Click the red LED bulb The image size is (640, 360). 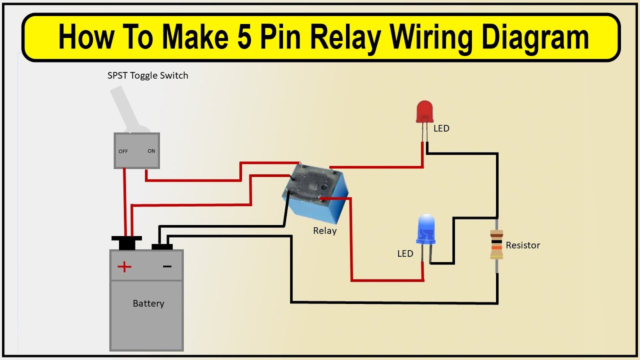coord(424,111)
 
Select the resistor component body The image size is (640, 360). coord(496,244)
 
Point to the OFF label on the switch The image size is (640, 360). coord(123,151)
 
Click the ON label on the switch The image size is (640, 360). coord(151,151)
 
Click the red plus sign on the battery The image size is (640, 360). coord(124,266)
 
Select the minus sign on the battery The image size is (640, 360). coord(167,266)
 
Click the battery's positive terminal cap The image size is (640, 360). coord(126,242)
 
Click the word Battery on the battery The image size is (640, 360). coord(148,303)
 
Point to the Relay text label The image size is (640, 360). coord(325,231)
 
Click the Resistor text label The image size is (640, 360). coord(523,245)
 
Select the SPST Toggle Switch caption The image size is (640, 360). coord(148,76)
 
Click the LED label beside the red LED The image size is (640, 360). coord(441,128)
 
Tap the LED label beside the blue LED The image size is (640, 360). coord(405,254)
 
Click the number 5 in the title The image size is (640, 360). coord(244,38)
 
